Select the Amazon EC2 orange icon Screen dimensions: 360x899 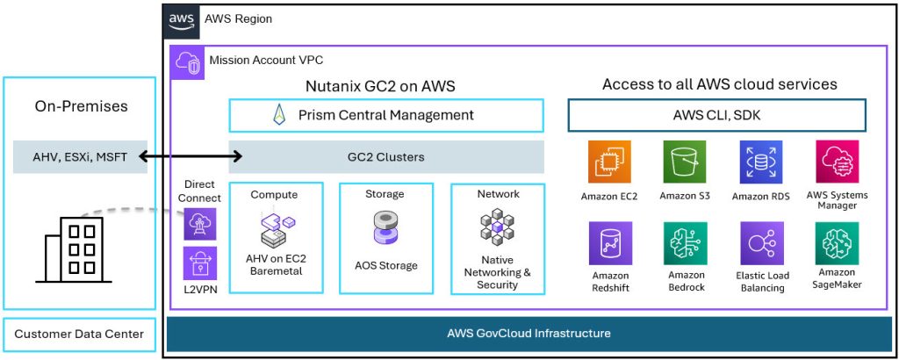610,162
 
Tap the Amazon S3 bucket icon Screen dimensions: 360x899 685,162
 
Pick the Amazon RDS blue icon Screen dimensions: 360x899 760,162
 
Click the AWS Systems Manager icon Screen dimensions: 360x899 837,162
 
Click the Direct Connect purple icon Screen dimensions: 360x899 199,223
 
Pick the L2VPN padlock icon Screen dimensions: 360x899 199,263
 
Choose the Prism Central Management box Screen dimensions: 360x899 385,115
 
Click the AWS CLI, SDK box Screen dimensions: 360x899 717,115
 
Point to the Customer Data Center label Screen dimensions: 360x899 79,334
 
